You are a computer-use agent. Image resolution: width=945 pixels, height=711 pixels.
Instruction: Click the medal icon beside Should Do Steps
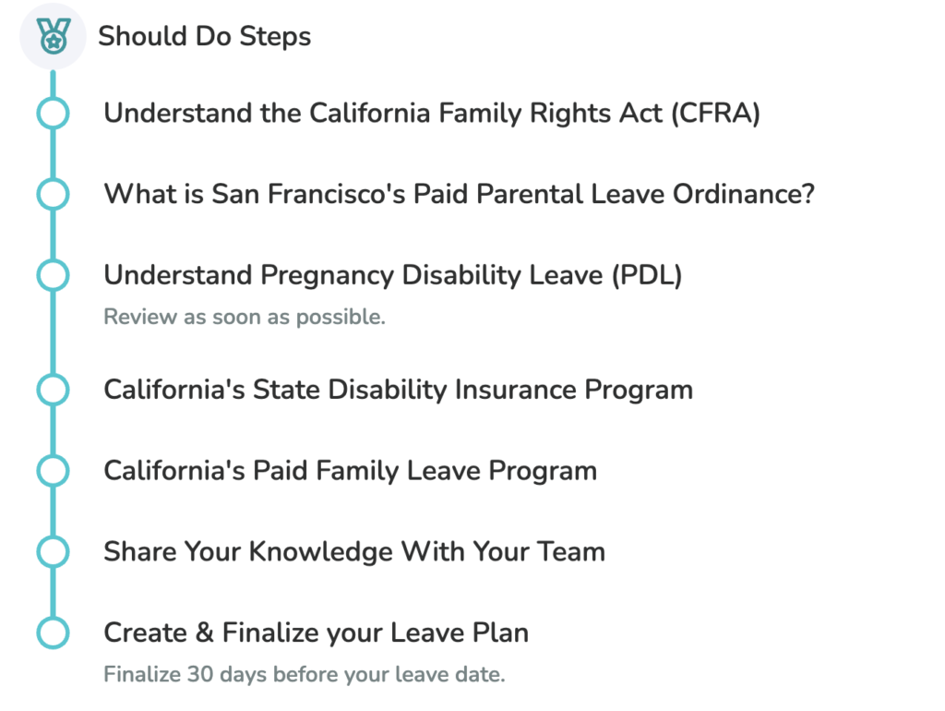(53, 36)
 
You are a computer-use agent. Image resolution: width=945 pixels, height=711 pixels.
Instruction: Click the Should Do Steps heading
(204, 36)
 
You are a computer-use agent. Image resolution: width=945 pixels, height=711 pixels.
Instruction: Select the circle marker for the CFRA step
(53, 114)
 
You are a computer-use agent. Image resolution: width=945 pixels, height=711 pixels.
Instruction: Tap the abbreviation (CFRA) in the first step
(715, 114)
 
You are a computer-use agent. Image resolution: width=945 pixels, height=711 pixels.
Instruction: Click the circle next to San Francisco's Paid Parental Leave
(53, 194)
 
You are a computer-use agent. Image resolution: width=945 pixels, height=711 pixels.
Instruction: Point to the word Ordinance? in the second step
(744, 194)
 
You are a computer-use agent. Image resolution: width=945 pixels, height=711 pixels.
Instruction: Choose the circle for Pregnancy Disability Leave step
(53, 275)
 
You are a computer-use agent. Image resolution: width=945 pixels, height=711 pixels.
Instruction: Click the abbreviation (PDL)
(647, 275)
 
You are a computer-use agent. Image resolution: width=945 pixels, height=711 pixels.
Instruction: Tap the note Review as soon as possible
(244, 317)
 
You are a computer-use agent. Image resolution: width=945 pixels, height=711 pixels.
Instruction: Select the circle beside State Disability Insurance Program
(53, 390)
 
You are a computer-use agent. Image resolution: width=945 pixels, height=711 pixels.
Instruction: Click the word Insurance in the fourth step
(515, 390)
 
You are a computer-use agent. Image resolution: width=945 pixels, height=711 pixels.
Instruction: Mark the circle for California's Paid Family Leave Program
(53, 470)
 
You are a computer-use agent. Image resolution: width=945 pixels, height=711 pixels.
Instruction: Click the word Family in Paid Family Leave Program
(357, 471)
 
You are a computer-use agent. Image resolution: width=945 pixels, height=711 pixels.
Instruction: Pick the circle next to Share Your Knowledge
(53, 552)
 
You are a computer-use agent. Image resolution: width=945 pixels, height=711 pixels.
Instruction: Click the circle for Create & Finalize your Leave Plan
(53, 633)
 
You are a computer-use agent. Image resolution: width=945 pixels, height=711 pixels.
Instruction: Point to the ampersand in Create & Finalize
(205, 633)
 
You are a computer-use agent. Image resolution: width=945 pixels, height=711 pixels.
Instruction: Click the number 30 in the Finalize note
(200, 674)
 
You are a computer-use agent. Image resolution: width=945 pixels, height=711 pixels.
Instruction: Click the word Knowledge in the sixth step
(320, 552)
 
